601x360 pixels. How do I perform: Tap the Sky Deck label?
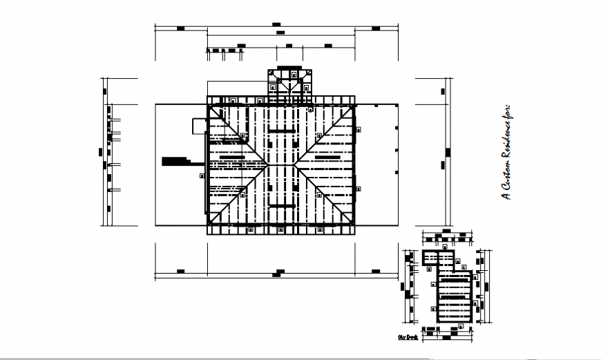click(x=408, y=337)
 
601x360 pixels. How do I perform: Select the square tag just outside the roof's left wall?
click(x=202, y=176)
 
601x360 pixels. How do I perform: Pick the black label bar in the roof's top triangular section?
click(x=280, y=131)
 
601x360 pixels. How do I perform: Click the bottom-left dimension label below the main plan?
click(x=180, y=270)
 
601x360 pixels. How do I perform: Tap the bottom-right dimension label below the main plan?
click(x=375, y=270)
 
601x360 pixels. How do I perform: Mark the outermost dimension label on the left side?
click(x=102, y=152)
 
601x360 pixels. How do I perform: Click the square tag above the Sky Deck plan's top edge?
click(x=446, y=246)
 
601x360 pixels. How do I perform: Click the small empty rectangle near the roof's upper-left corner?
click(x=199, y=125)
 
